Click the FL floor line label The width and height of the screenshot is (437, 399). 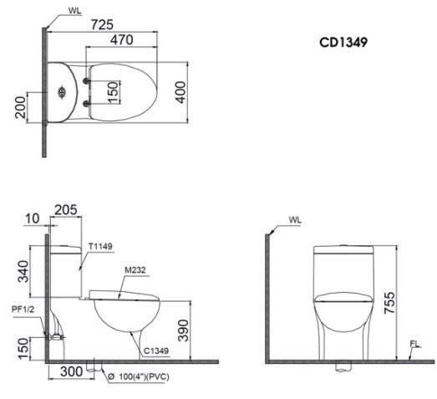point(414,344)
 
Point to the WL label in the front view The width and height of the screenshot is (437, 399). point(295,219)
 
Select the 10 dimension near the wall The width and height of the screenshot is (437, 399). point(32,218)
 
